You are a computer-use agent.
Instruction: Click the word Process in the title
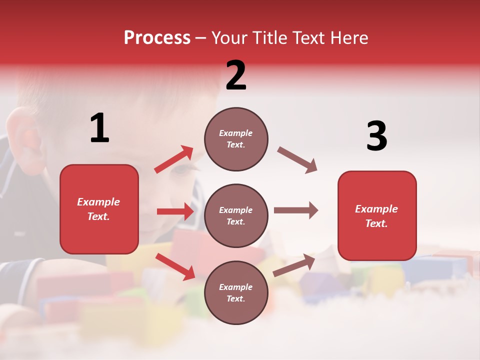tap(157, 37)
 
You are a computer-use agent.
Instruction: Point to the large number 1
tap(99, 128)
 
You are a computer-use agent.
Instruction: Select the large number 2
tap(236, 75)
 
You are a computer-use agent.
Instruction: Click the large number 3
tap(376, 136)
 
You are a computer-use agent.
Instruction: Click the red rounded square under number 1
tap(99, 209)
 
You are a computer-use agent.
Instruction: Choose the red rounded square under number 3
tap(377, 215)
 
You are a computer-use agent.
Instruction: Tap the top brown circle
tap(236, 139)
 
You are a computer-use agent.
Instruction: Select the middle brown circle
tap(236, 215)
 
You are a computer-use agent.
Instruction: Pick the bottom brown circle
tap(236, 292)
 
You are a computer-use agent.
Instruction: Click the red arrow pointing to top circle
tap(174, 159)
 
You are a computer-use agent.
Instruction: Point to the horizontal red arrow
tap(175, 211)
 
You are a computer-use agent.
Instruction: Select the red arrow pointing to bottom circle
tap(175, 266)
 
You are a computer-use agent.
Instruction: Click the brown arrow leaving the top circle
tap(297, 160)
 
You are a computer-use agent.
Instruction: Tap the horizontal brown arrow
tap(296, 210)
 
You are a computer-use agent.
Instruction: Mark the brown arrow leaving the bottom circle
tap(294, 265)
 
